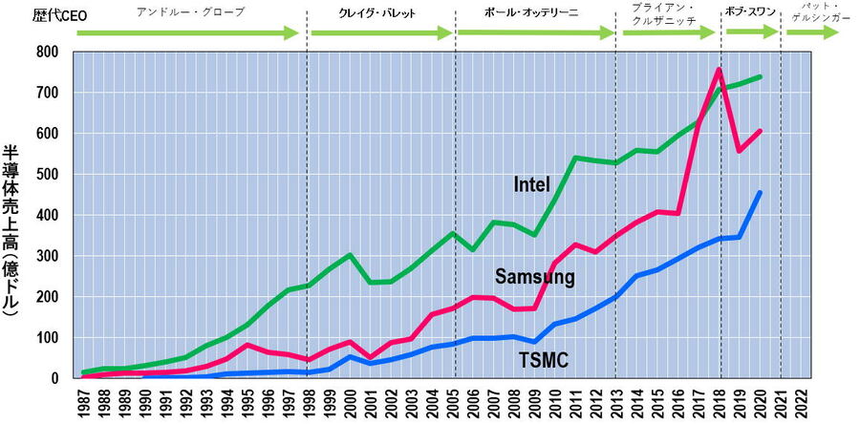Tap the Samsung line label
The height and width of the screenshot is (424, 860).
534,278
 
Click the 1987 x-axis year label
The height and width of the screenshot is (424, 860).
83,402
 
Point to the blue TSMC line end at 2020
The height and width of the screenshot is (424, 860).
759,192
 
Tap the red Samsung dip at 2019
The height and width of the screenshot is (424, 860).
738,151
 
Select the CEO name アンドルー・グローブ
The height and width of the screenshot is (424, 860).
190,12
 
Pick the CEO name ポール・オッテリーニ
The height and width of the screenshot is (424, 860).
532,13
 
